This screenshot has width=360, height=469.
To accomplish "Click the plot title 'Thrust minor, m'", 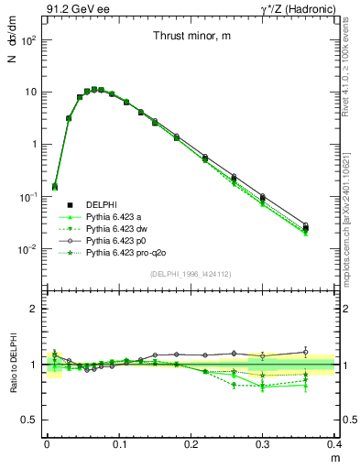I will (x=191, y=36).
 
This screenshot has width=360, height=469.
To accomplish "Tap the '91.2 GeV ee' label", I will (x=71, y=8).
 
